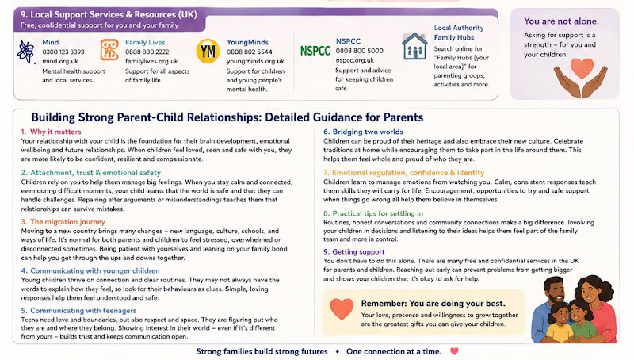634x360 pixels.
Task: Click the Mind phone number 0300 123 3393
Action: (x=63, y=52)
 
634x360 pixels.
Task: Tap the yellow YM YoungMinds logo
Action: (x=208, y=52)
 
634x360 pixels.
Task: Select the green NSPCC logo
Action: (x=315, y=51)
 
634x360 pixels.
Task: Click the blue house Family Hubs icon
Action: (x=414, y=47)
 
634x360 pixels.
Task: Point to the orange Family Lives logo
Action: (x=109, y=50)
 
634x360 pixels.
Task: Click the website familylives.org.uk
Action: (x=151, y=61)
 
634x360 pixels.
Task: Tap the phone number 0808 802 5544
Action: (x=249, y=52)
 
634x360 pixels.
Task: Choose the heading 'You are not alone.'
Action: (x=561, y=21)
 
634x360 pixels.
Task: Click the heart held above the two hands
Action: (x=582, y=67)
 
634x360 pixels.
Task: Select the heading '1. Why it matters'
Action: (x=51, y=132)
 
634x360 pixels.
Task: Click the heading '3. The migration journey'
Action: (x=63, y=222)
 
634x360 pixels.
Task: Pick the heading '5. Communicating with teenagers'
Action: (x=78, y=311)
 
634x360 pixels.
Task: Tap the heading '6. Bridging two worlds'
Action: (x=363, y=132)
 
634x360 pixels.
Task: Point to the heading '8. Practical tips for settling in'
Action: (x=373, y=213)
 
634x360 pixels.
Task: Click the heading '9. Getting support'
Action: (x=353, y=251)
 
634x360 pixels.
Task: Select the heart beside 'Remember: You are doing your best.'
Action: (x=342, y=309)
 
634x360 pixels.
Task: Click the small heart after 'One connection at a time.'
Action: (x=454, y=351)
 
